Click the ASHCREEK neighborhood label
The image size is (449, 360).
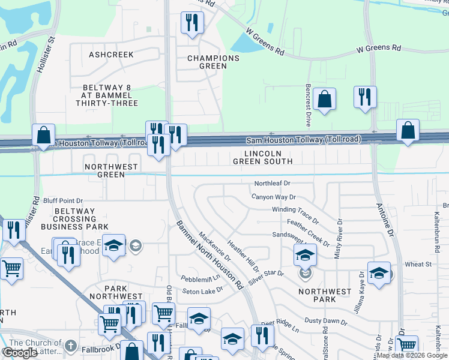pos(111,55)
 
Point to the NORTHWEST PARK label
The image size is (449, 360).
pos(325,296)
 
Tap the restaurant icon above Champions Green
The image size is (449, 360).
pos(192,23)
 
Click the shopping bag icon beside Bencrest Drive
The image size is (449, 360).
pos(324,100)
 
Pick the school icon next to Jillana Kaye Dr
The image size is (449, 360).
pos(379,274)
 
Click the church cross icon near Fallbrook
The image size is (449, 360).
pos(70,346)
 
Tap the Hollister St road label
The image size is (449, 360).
pos(45,55)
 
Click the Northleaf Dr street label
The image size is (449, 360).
pos(272,183)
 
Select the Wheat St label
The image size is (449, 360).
pos(418,264)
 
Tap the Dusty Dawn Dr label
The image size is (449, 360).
pos(326,322)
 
